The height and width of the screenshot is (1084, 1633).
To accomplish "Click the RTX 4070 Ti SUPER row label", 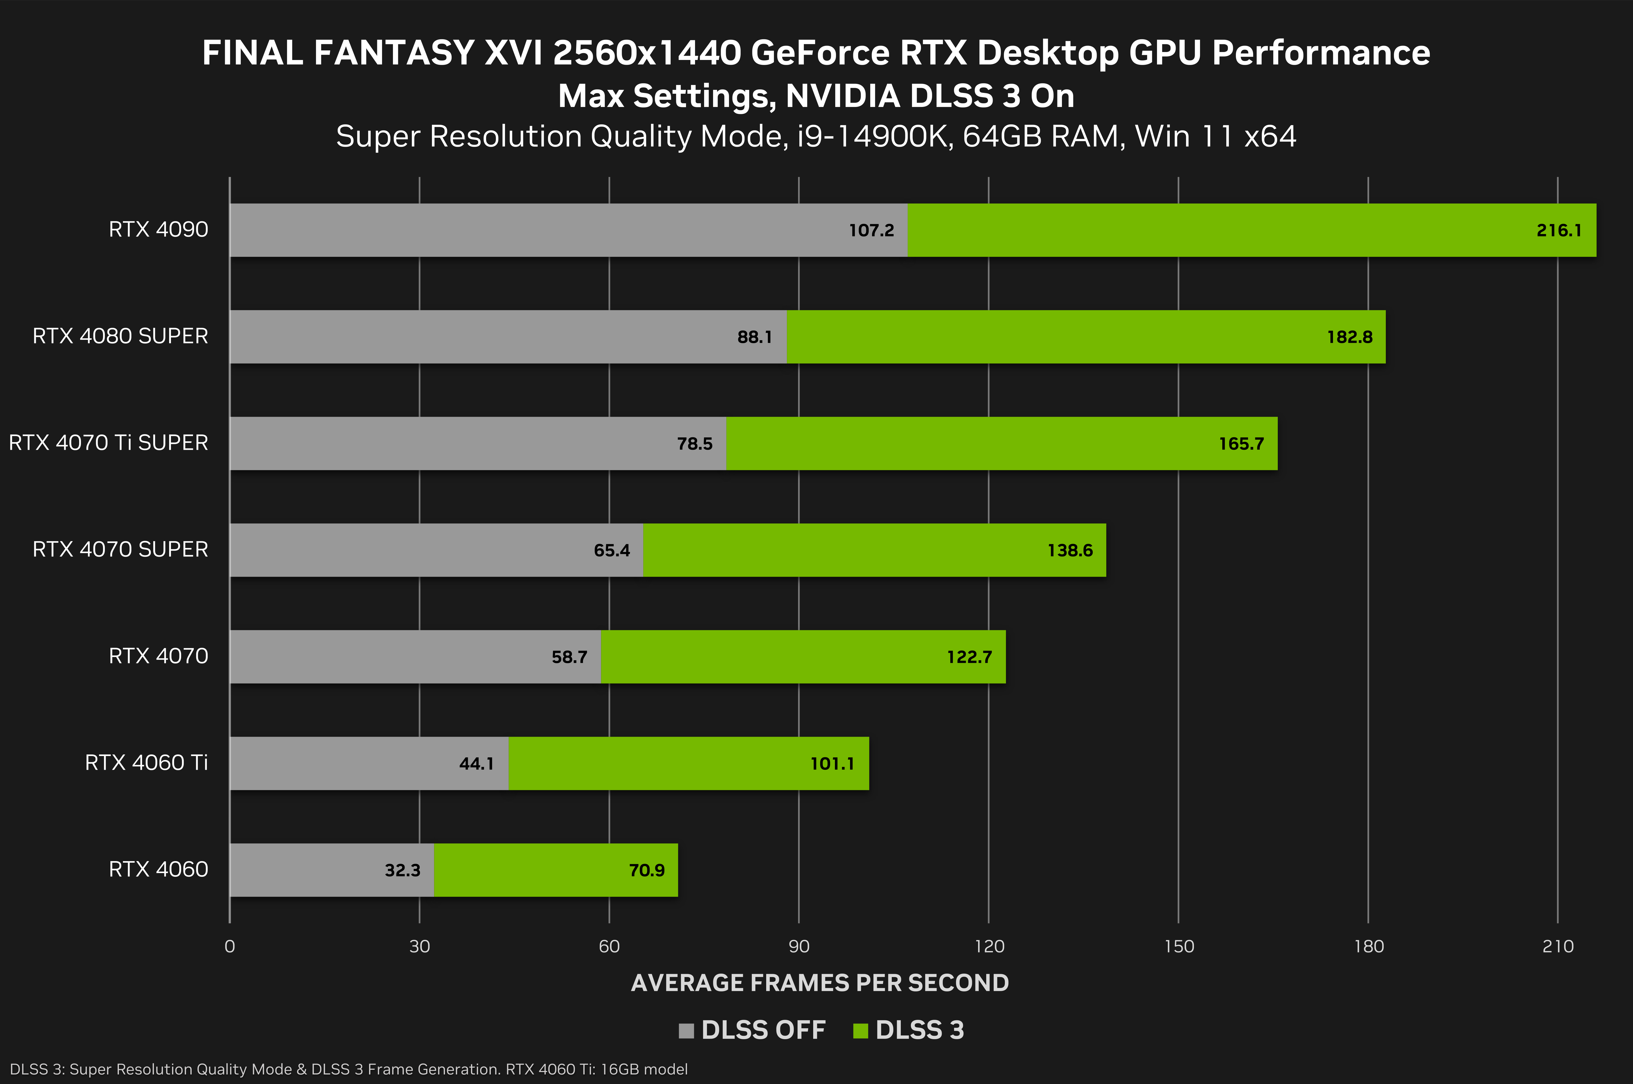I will pos(109,442).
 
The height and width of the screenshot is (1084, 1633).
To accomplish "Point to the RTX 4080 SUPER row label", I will pos(120,336).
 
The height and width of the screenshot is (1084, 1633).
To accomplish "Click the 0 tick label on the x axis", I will pos(230,947).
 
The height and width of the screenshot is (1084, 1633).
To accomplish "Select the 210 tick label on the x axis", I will pos(1558,947).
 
